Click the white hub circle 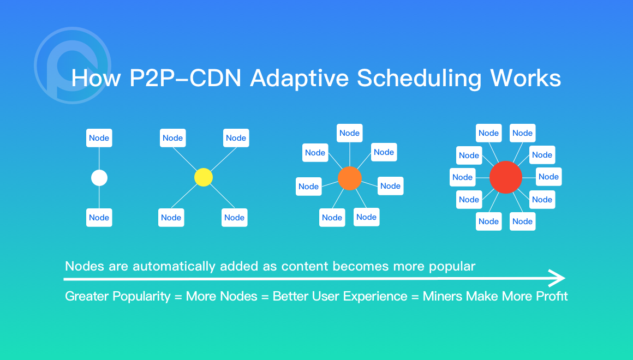point(99,178)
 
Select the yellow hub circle point(203,177)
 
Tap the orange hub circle point(350,178)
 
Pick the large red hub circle point(506,177)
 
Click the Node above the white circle point(99,138)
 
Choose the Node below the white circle point(99,218)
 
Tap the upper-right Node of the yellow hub point(236,138)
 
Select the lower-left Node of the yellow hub point(171,218)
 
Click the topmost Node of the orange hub point(350,133)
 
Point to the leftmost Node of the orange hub point(308,187)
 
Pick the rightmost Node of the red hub point(548,177)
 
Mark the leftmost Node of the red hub point(462,177)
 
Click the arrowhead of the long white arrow point(559,278)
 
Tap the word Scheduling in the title point(419,79)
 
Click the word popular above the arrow point(451,267)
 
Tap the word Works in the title point(525,79)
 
